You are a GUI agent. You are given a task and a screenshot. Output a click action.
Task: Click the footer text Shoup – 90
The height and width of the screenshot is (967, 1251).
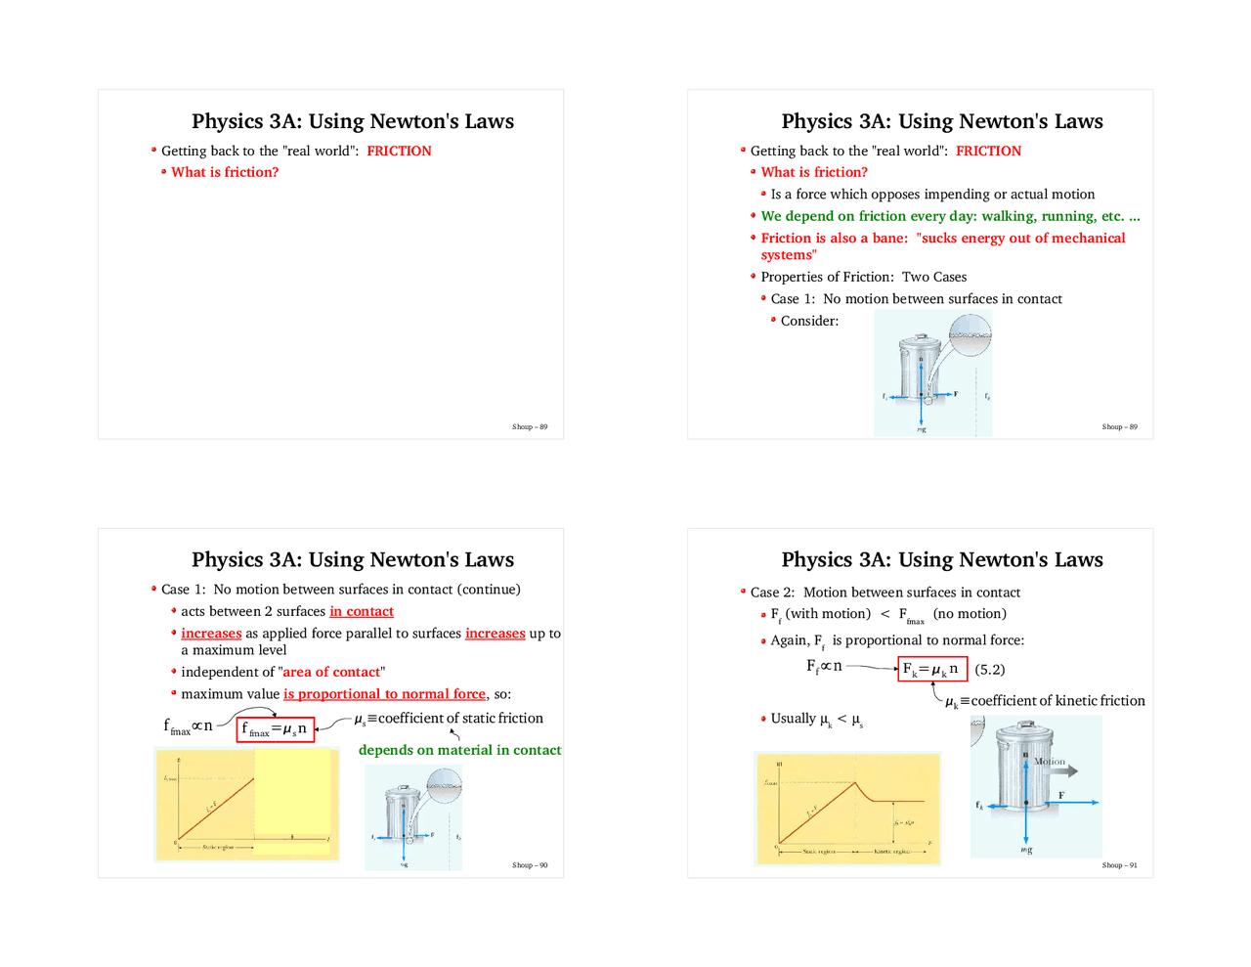pos(530,865)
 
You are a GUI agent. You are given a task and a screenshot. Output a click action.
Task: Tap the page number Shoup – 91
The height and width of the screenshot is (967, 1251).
pos(1119,865)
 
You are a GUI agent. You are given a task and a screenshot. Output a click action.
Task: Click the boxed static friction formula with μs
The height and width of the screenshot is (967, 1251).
pos(275,728)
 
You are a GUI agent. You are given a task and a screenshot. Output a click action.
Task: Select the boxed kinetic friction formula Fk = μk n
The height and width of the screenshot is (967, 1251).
pos(931,670)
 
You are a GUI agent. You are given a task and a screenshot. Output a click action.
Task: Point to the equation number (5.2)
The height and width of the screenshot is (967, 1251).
pos(990,670)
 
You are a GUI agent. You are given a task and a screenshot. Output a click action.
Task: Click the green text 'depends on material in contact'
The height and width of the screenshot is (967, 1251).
pos(459,750)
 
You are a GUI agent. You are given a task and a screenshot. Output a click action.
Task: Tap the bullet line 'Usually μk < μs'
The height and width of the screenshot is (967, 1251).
pos(816,719)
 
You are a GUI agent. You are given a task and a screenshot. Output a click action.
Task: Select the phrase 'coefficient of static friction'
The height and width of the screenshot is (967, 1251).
pos(460,718)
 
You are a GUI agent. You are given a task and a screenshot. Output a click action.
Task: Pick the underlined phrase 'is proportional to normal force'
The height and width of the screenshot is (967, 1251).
pos(384,694)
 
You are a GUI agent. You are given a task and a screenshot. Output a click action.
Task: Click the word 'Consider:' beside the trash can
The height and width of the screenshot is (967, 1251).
pos(809,321)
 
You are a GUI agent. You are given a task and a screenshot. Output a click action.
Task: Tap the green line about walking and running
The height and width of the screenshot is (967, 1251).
pos(950,216)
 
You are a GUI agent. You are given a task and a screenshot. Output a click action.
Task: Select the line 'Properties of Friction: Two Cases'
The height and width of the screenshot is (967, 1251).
pos(863,277)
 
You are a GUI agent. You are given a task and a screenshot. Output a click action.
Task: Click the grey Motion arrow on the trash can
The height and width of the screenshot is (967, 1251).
pos(1058,770)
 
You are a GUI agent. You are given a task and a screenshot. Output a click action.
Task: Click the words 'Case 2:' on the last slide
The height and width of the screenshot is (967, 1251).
pos(772,593)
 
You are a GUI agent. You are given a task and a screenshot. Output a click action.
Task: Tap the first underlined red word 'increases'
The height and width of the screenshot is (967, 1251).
pos(211,634)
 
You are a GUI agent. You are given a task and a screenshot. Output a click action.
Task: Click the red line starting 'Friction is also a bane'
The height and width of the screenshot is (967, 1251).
pos(942,239)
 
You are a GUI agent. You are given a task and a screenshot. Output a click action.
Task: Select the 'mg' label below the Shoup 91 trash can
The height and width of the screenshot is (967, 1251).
pos(1026,850)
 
